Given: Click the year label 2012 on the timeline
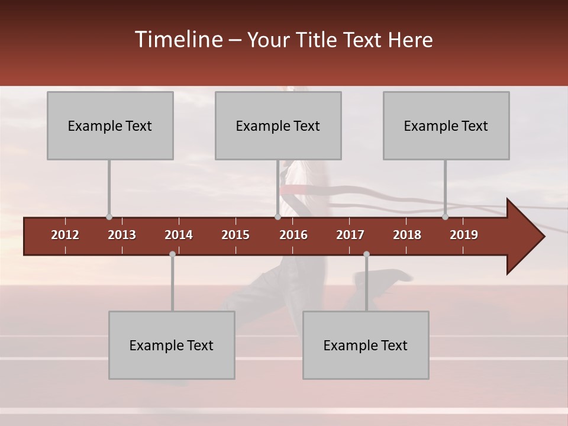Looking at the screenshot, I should [65, 235].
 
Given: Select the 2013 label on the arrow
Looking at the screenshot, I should [122, 235].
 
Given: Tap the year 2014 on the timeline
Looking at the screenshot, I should [179, 235].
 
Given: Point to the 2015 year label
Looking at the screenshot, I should [235, 235].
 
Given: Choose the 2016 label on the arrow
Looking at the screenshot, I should [293, 235].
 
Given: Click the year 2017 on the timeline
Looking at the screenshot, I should [350, 235].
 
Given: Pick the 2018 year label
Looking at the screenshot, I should [407, 235].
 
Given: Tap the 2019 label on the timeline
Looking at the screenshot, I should [464, 235].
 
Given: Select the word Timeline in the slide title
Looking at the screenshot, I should [178, 40].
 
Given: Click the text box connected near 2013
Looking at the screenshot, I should [110, 125].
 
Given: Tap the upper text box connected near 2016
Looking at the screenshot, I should [278, 125].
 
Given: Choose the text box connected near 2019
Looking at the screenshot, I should [446, 125].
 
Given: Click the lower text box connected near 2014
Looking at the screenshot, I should [172, 345].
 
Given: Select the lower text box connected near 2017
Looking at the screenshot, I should [366, 345].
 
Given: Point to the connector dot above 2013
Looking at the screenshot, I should [109, 217].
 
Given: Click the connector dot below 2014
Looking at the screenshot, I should [172, 254].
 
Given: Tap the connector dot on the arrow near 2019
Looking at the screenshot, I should [445, 217].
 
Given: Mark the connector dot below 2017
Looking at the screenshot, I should [366, 254].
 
